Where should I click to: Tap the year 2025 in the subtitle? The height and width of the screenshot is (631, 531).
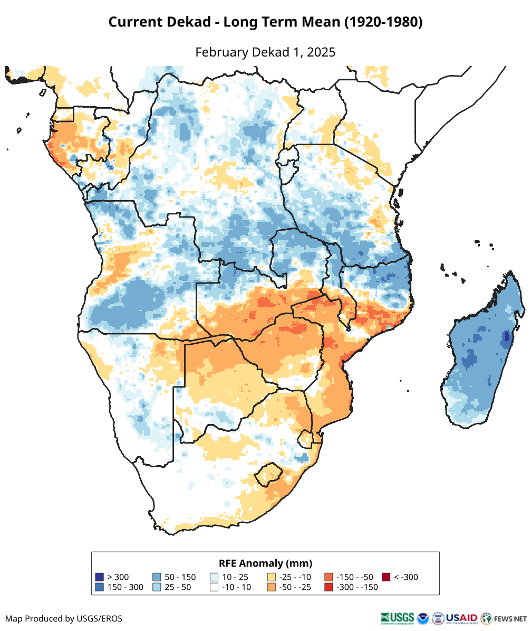point(322,52)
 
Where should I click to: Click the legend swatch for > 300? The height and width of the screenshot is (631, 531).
point(99,577)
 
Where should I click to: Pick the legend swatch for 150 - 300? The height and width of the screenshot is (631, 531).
point(99,587)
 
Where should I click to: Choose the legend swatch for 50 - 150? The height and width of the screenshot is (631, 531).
point(157,577)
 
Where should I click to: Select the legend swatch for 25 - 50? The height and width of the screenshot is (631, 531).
point(157,587)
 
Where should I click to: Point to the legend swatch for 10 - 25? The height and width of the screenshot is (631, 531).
point(214,577)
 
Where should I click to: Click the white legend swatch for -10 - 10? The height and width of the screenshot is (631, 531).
point(214,587)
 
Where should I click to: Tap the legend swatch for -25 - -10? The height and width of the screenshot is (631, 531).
point(272,577)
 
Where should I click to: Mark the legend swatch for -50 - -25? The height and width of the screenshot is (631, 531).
point(272,587)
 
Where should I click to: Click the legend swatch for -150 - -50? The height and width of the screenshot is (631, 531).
point(329,577)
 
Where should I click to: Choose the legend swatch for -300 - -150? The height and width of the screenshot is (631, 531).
point(329,587)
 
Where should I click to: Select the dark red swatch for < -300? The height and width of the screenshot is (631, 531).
point(386,577)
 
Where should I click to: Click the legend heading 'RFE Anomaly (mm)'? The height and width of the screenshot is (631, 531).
point(265,563)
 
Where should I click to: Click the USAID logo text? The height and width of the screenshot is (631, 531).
point(462,618)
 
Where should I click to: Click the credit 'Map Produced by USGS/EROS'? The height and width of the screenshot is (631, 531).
point(64,618)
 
